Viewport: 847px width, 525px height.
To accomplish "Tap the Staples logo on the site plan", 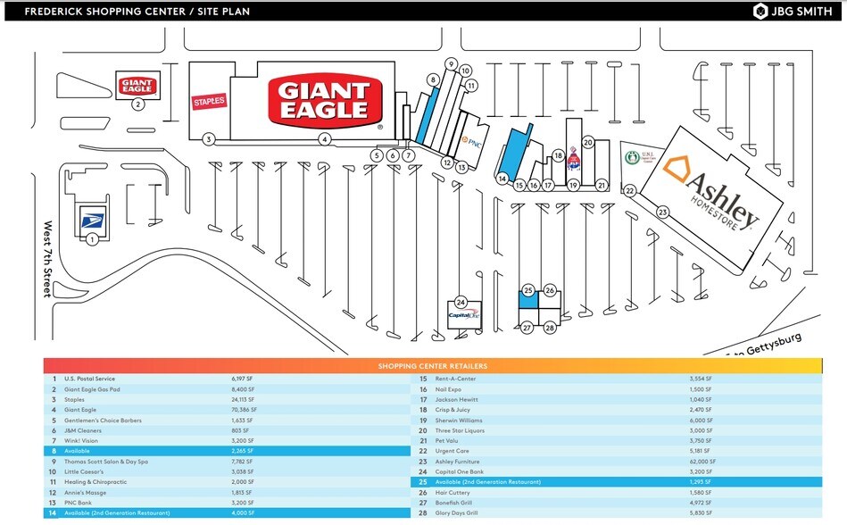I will pyautogui.click(x=210, y=102).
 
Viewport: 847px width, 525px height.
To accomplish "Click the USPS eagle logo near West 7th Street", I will pyautogui.click(x=93, y=218).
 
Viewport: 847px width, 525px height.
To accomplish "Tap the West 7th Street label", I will pyautogui.click(x=48, y=259).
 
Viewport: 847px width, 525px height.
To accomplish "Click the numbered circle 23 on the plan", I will pyautogui.click(x=662, y=212).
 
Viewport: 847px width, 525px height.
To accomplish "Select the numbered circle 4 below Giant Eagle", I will pyautogui.click(x=326, y=139).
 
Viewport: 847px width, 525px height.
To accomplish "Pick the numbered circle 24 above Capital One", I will pyautogui.click(x=461, y=301).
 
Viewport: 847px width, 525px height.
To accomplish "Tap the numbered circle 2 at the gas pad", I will pyautogui.click(x=138, y=104).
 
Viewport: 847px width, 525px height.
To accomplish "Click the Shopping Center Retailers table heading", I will pyautogui.click(x=433, y=366).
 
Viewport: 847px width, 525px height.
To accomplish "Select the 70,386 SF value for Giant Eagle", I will pyautogui.click(x=244, y=410).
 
